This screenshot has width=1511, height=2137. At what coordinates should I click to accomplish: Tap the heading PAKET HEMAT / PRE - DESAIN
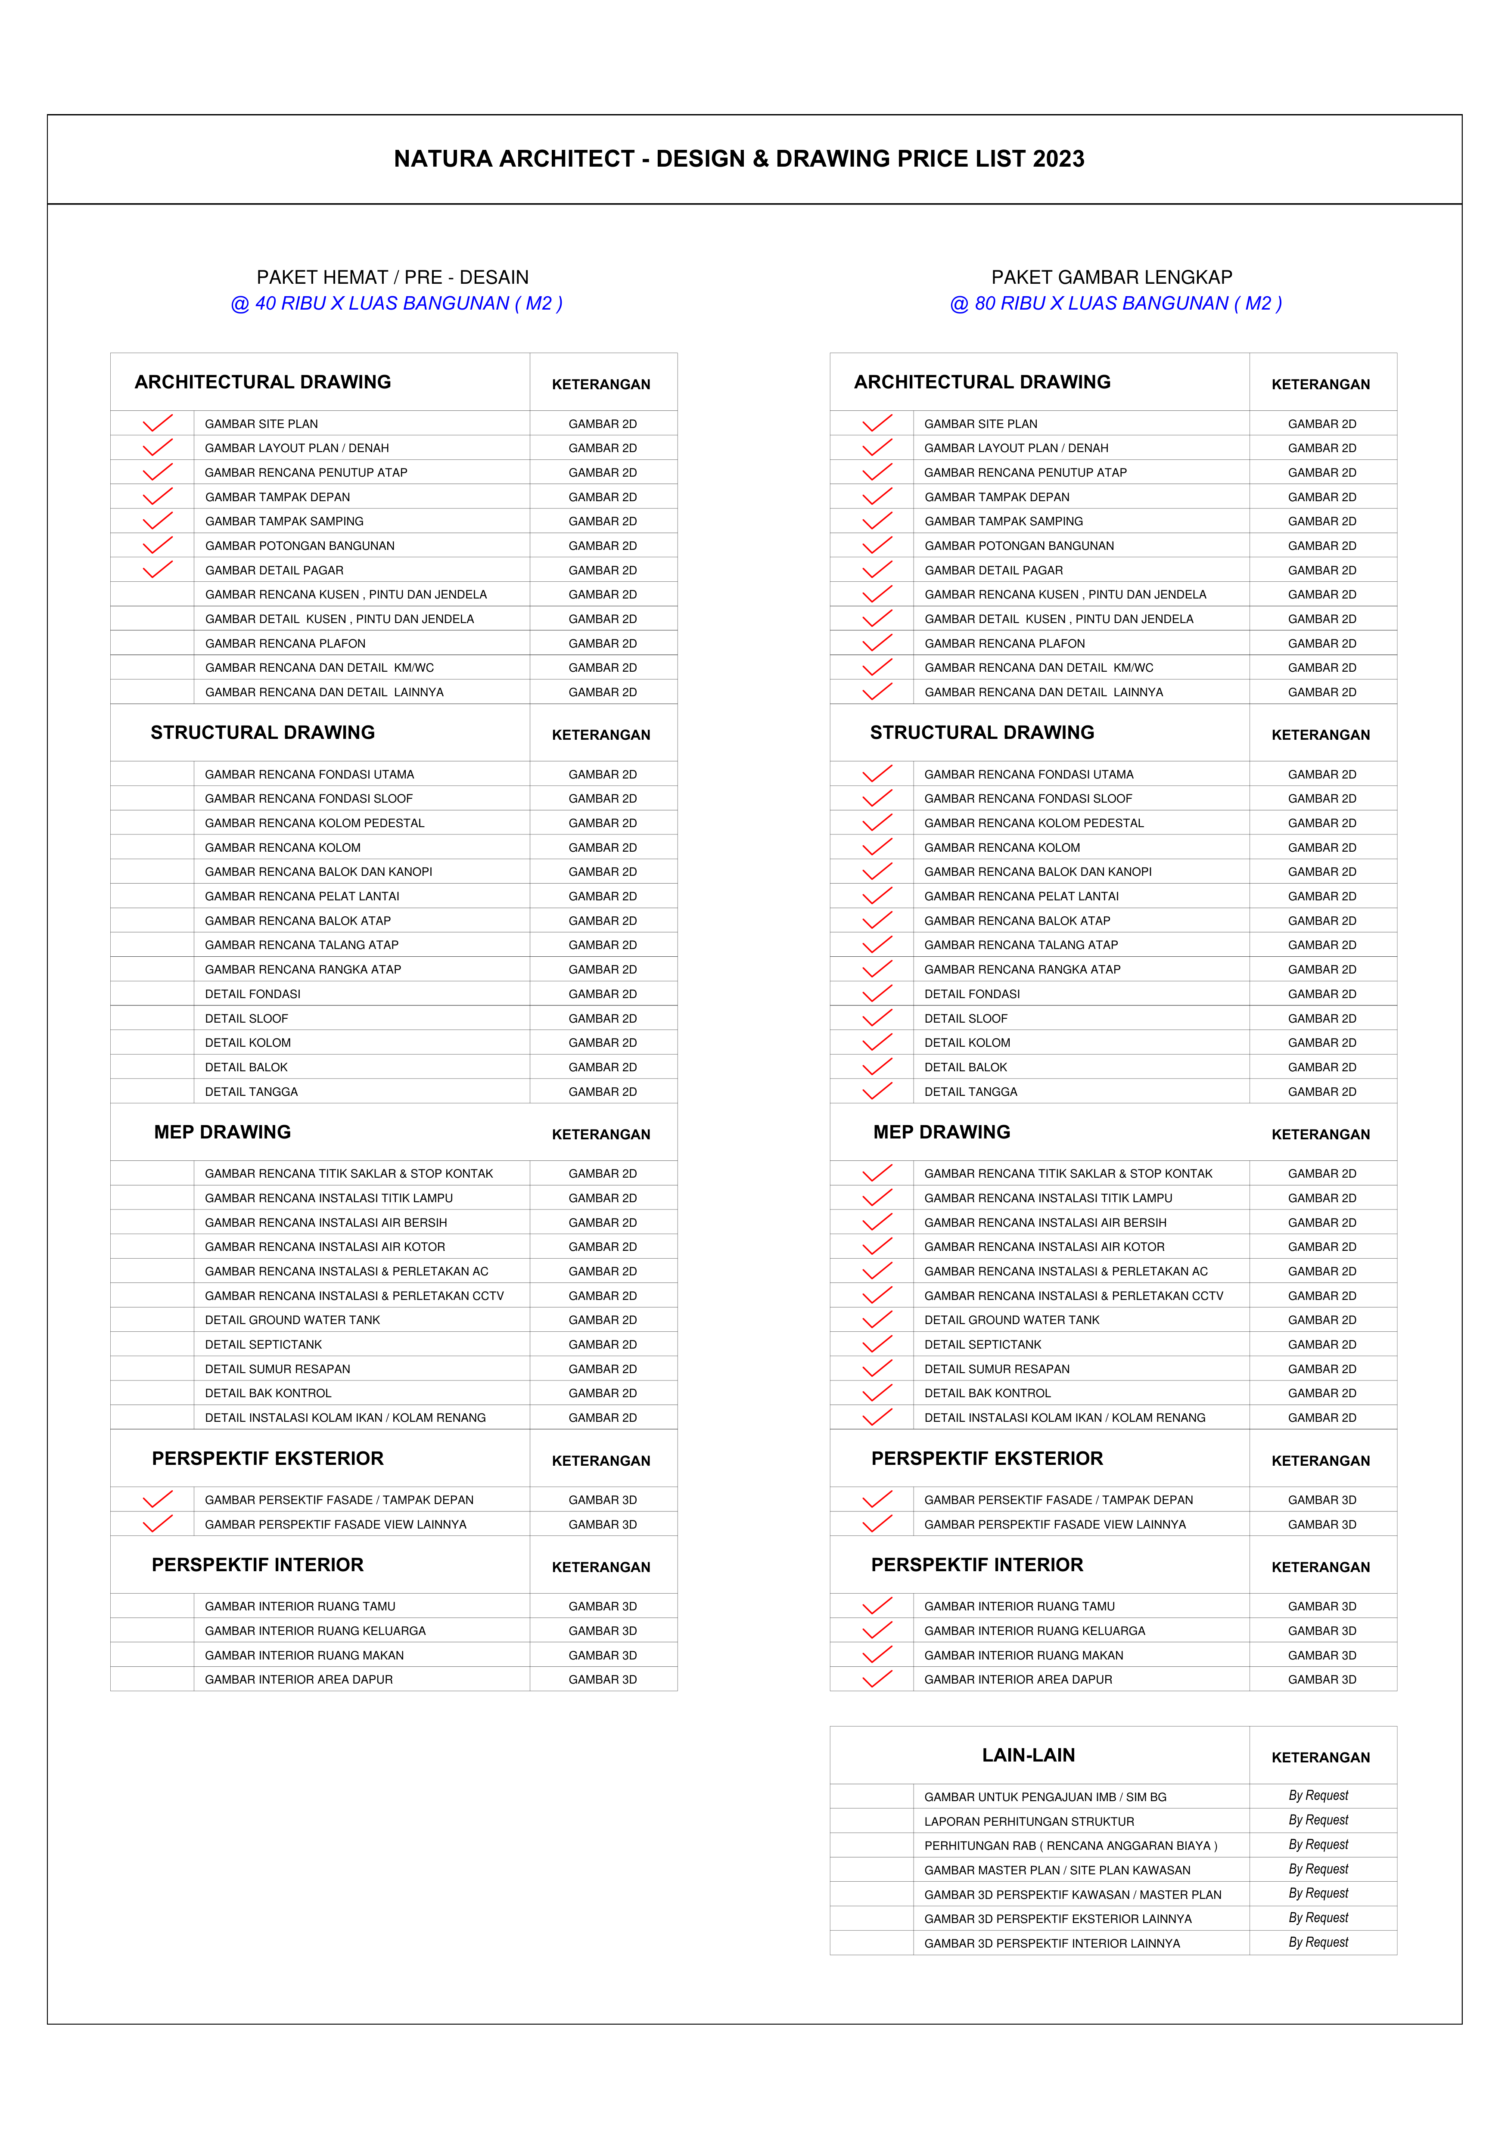pyautogui.click(x=392, y=277)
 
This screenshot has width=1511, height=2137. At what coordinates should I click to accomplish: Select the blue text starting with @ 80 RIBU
pyautogui.click(x=1115, y=304)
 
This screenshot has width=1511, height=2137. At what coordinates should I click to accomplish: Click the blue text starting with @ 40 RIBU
pyautogui.click(x=397, y=304)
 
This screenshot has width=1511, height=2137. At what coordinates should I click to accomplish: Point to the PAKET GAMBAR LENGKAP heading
pyautogui.click(x=1112, y=277)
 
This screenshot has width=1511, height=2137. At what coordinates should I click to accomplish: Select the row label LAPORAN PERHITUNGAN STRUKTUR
pyautogui.click(x=1029, y=1821)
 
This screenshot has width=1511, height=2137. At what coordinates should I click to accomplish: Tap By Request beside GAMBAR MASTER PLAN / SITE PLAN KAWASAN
pyautogui.click(x=1318, y=1869)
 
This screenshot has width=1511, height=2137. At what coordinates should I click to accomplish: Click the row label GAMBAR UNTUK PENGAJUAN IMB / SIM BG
pyautogui.click(x=1045, y=1797)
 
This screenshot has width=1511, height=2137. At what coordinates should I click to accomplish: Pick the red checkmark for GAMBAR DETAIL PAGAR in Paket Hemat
pyautogui.click(x=157, y=570)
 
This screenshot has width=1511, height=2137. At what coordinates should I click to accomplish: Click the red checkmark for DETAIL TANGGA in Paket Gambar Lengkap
pyautogui.click(x=877, y=1091)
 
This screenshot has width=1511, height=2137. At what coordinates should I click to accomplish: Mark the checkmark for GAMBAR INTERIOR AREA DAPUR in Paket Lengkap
pyautogui.click(x=877, y=1679)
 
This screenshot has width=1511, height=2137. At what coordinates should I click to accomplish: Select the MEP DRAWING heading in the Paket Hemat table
pyautogui.click(x=223, y=1132)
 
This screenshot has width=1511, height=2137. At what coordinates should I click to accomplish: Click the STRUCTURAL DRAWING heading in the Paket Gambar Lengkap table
pyautogui.click(x=982, y=732)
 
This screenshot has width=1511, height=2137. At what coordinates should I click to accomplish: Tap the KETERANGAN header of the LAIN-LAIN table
pyautogui.click(x=1320, y=1757)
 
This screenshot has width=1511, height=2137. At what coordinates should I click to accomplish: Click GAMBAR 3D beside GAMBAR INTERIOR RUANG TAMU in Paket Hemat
pyautogui.click(x=602, y=1607)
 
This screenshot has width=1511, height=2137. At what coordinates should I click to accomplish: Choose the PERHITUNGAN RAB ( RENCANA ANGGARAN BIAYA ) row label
pyautogui.click(x=1070, y=1845)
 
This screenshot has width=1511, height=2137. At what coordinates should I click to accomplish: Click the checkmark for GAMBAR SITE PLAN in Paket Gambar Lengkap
pyautogui.click(x=877, y=424)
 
